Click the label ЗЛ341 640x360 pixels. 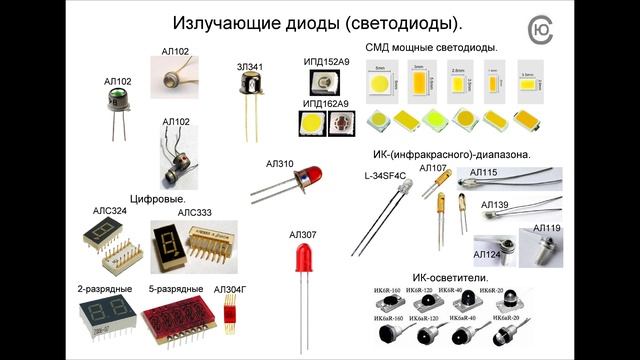point(249,68)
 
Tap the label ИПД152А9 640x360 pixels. point(326,62)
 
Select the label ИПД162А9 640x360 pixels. point(326,103)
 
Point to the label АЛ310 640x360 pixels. point(280,163)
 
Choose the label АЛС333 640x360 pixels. point(195,212)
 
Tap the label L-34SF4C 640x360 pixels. point(385,175)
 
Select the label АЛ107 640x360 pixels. point(433,168)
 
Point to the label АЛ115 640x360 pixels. point(484,173)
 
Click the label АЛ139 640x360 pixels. point(495,205)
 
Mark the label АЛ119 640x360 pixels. point(546,229)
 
